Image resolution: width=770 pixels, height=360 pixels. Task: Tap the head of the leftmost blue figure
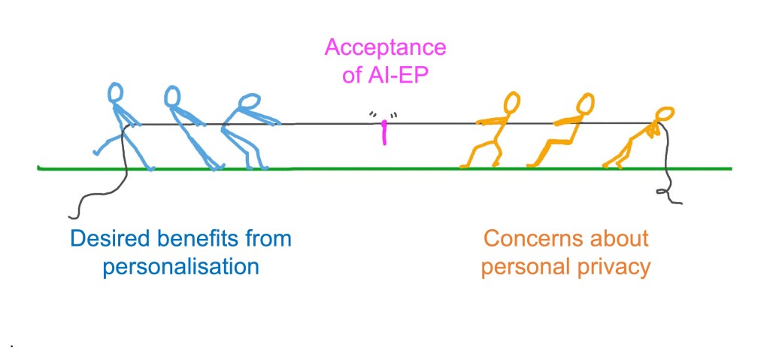pyautogui.click(x=115, y=92)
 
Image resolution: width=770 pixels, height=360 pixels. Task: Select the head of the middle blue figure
pyautogui.click(x=172, y=95)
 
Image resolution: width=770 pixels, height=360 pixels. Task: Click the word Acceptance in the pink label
pyautogui.click(x=385, y=49)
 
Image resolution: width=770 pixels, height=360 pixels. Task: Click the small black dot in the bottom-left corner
pyautogui.click(x=13, y=345)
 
